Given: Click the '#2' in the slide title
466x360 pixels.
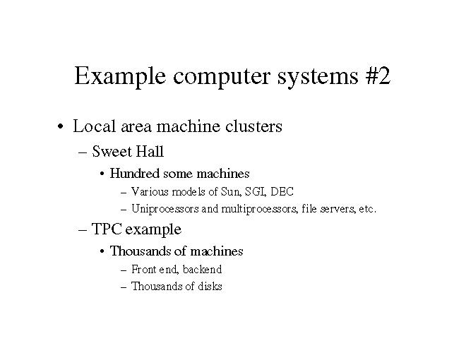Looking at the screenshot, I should pyautogui.click(x=374, y=76).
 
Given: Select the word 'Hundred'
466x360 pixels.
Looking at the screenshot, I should pyautogui.click(x=135, y=173).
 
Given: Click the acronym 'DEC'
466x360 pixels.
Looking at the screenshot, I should pyautogui.click(x=283, y=191).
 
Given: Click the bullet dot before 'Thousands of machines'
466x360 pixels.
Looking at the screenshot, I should pyautogui.click(x=103, y=252).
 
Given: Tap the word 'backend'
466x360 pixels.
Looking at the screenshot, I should pyautogui.click(x=202, y=269).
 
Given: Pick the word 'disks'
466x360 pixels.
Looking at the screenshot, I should pyautogui.click(x=209, y=286).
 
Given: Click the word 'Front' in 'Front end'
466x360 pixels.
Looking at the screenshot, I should pyautogui.click(x=143, y=269).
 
